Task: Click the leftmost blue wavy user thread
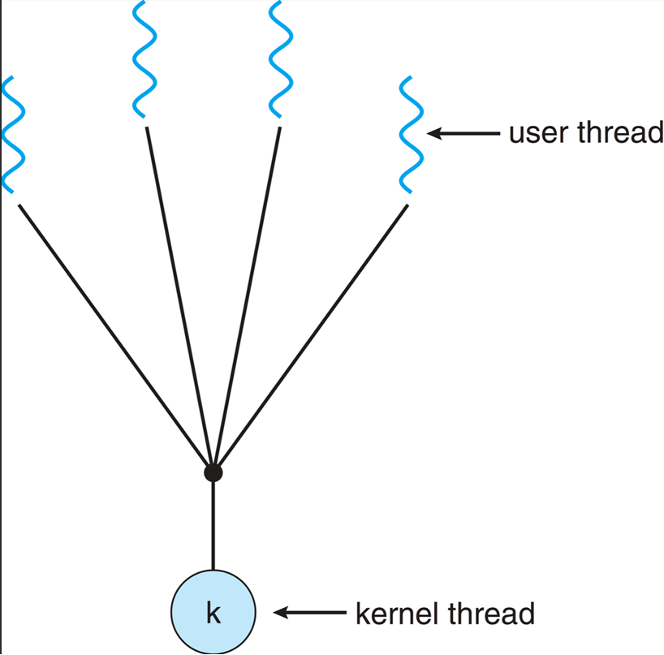click(14, 134)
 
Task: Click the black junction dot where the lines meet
click(213, 472)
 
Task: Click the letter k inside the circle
click(213, 613)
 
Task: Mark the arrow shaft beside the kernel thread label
click(317, 613)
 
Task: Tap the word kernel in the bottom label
click(399, 613)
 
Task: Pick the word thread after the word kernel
click(492, 613)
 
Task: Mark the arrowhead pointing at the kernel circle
click(280, 613)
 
